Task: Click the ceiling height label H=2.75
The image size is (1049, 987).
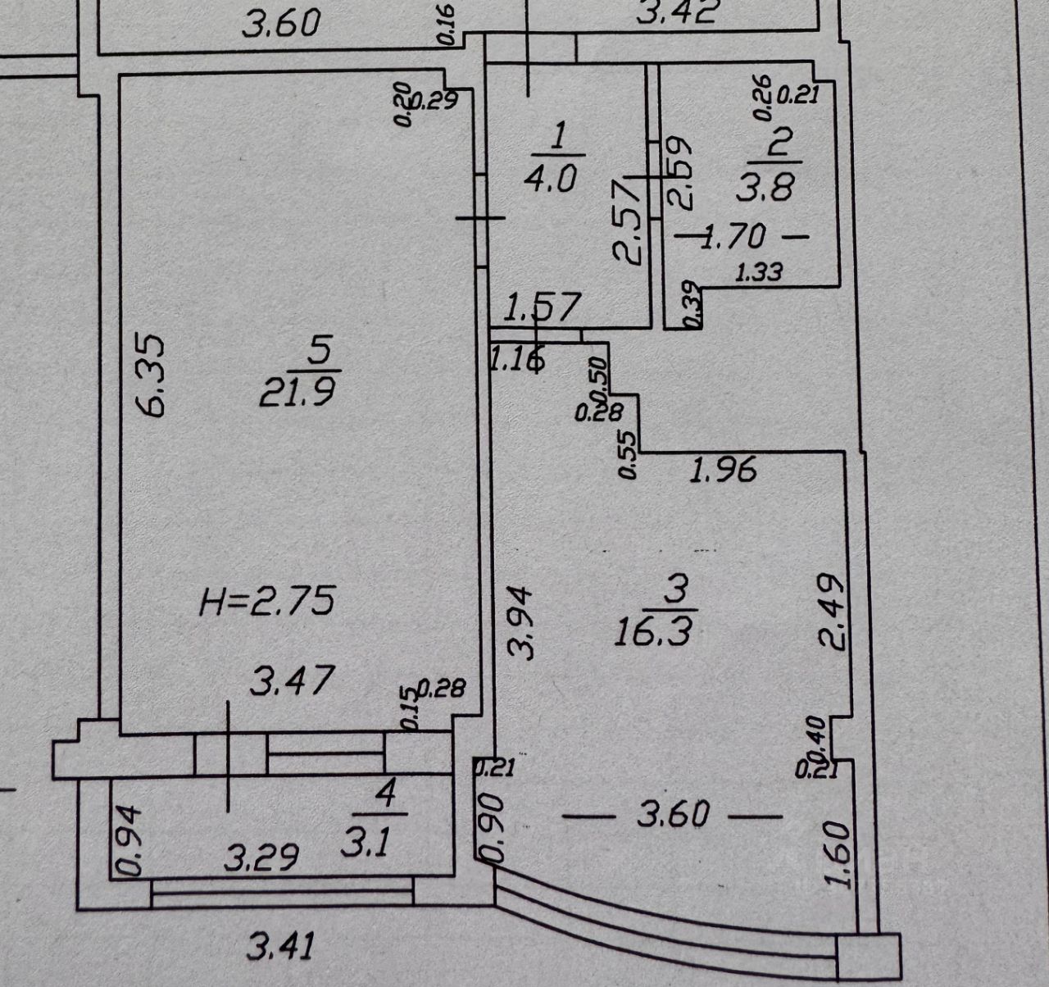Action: pyautogui.click(x=267, y=603)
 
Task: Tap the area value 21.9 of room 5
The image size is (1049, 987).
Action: pyautogui.click(x=297, y=393)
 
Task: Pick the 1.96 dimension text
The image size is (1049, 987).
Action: pyautogui.click(x=722, y=471)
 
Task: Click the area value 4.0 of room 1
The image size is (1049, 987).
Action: pyautogui.click(x=554, y=179)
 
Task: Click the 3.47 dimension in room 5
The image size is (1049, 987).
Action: pyautogui.click(x=292, y=680)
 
